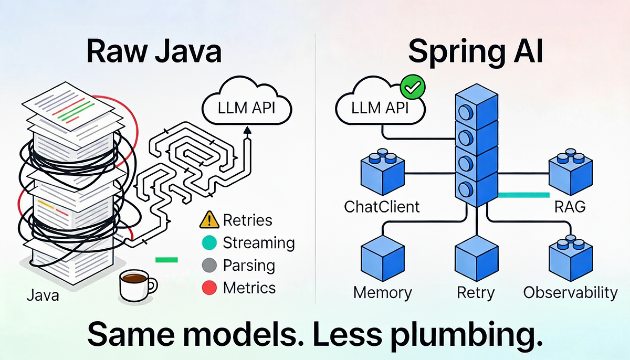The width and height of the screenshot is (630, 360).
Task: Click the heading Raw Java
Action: tap(154, 51)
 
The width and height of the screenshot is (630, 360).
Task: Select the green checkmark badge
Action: tap(413, 87)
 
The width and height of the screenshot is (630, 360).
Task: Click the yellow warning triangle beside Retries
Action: tap(209, 219)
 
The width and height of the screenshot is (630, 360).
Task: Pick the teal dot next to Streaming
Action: tap(209, 242)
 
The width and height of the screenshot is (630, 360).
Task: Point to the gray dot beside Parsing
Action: tap(209, 265)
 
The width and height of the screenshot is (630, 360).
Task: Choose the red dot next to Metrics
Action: tap(209, 288)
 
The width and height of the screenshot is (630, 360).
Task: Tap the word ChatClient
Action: tap(382, 207)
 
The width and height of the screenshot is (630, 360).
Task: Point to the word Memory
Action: tap(383, 293)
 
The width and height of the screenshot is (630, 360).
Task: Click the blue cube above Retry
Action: tap(477, 259)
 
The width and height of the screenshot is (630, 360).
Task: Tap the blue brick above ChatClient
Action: tap(383, 172)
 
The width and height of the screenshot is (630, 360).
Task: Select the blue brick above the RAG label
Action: tap(571, 172)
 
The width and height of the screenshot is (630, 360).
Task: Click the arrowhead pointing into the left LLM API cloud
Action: tap(247, 130)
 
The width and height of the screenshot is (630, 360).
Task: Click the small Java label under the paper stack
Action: tap(43, 295)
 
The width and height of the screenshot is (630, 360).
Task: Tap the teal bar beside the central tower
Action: tap(524, 195)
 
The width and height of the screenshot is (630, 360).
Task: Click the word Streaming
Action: tap(259, 243)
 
